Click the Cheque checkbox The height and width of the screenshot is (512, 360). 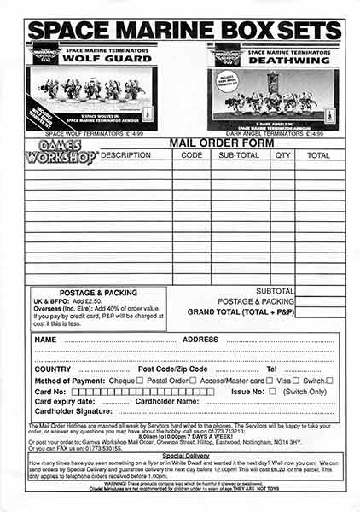[x=140, y=381]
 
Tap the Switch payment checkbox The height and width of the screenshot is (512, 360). [x=329, y=381]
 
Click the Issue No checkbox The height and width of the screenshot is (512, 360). [x=272, y=391]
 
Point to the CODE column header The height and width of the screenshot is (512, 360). [x=192, y=156]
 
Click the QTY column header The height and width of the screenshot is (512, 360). [x=283, y=156]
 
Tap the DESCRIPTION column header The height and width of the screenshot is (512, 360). [x=125, y=156]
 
